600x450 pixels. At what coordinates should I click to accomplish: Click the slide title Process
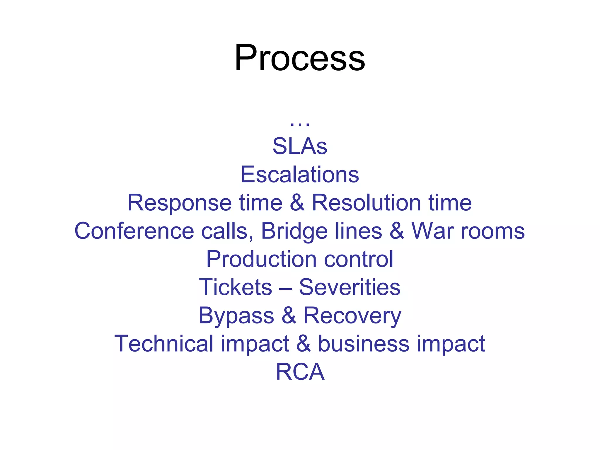tap(300, 58)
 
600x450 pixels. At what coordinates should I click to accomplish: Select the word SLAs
tap(300, 146)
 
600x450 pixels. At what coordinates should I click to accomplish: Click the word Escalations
tap(300, 175)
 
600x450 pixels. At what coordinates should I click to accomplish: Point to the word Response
tap(180, 203)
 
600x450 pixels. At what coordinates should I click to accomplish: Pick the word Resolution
tap(366, 203)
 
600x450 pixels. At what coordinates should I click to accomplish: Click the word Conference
tap(134, 231)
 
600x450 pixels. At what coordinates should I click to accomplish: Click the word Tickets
tap(236, 287)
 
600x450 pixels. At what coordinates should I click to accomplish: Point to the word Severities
tap(350, 287)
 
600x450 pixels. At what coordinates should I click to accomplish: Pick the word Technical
tap(164, 343)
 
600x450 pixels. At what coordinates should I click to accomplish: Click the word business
tap(364, 343)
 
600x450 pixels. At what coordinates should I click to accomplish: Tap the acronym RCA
tap(300, 372)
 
